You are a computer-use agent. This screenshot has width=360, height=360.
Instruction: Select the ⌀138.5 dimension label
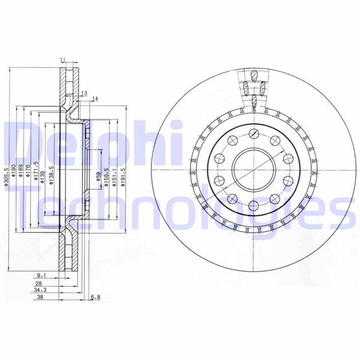pos(52,175)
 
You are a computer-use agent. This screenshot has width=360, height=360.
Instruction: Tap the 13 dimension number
pos(85,93)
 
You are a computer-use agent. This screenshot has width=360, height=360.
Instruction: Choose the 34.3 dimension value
pos(40,290)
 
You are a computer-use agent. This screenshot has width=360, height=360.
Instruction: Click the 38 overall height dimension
pos(40,296)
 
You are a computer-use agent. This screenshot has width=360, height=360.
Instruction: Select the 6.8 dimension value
pos(95,296)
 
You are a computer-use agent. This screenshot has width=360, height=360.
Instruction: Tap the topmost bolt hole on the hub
pos(253,134)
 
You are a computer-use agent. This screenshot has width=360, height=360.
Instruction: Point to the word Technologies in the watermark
pos(180,210)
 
